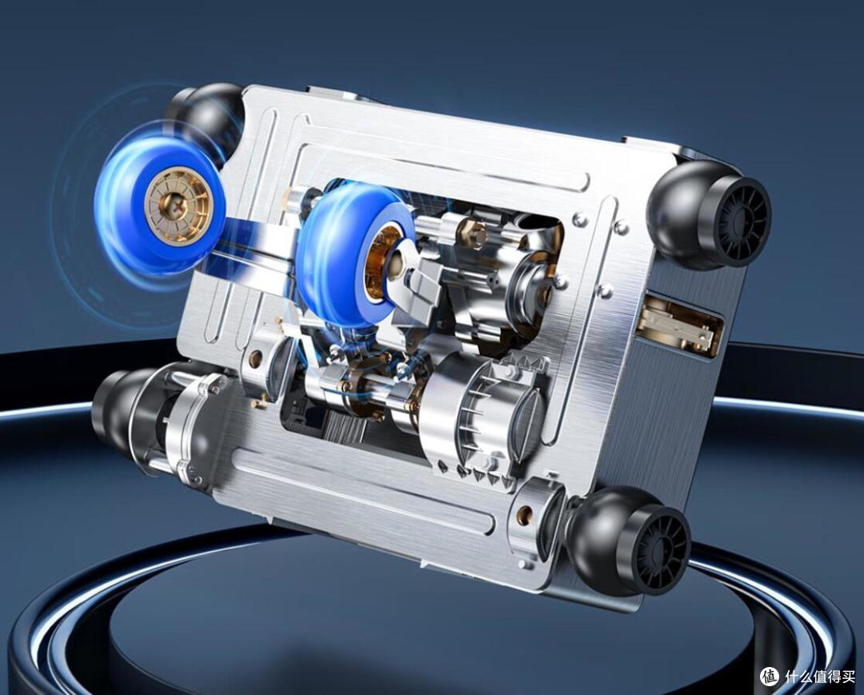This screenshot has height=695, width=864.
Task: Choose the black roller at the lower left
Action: pyautogui.click(x=118, y=405)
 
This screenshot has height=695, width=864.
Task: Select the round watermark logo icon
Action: pyautogui.click(x=770, y=675)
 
